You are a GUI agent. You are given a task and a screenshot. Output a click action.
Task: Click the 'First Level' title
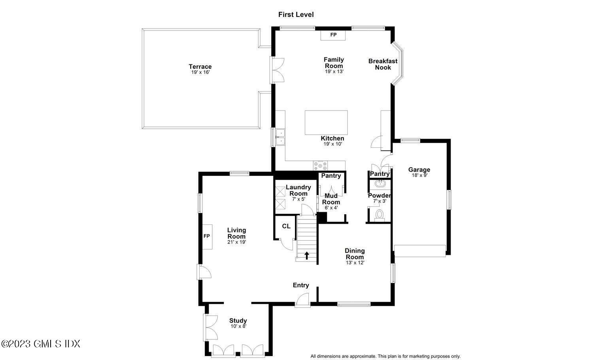[x=296, y=15]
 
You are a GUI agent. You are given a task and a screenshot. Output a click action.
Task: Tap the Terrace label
[x=200, y=67]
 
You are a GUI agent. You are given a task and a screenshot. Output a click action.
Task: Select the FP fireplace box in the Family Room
[x=333, y=35]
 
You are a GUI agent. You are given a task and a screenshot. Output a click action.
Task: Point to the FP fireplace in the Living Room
[x=206, y=236]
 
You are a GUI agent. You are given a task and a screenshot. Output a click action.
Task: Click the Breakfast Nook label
[x=383, y=64]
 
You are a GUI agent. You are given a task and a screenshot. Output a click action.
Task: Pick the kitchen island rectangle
[x=326, y=123]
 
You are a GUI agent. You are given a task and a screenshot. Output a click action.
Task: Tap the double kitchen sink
[x=280, y=137]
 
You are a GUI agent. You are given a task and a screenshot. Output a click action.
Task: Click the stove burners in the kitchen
[x=320, y=166]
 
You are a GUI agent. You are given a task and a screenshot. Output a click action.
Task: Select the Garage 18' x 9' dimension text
[x=419, y=175]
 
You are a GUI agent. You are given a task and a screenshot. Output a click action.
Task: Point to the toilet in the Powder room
[x=380, y=215]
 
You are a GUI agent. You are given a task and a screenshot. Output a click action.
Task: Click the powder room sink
[x=380, y=183]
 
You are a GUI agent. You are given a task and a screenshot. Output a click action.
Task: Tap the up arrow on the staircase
[x=307, y=255]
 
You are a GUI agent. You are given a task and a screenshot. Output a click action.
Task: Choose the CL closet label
[x=286, y=226]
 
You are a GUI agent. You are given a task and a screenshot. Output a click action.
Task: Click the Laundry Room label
[x=298, y=190]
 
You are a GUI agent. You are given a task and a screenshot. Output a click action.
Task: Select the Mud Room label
[x=331, y=199]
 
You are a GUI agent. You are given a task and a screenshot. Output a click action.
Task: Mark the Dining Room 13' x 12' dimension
[x=355, y=262]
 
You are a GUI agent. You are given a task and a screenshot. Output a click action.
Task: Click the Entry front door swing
[x=303, y=300]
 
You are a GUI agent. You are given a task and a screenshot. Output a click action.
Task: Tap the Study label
[x=238, y=320]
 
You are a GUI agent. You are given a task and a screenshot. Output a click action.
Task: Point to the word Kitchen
[x=332, y=138]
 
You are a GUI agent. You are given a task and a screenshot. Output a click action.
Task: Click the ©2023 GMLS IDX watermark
[x=41, y=344]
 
